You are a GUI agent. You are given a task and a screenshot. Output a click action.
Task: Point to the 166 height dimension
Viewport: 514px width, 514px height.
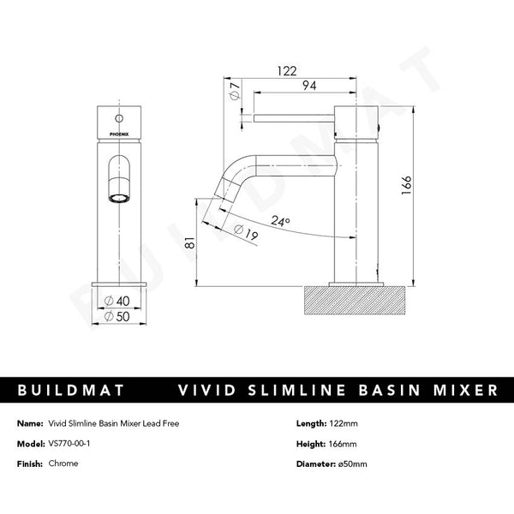(408, 184)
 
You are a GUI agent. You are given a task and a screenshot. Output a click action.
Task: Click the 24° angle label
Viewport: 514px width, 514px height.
(281, 221)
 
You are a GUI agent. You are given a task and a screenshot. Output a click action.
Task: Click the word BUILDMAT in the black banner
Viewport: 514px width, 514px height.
(72, 390)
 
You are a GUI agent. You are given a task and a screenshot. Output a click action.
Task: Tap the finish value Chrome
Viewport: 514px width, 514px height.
(63, 463)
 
